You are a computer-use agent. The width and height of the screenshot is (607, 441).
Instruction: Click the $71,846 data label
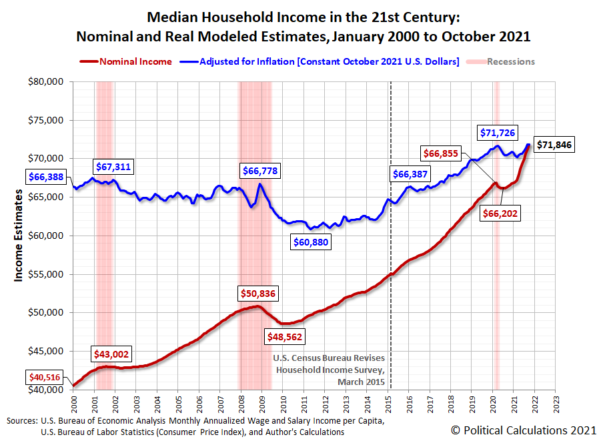[x=555, y=145]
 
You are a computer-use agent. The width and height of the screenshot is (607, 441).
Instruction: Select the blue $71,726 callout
[x=498, y=133]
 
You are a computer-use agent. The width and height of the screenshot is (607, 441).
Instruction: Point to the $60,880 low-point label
[x=311, y=242]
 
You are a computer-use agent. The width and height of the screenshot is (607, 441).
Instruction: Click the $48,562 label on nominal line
[x=285, y=337]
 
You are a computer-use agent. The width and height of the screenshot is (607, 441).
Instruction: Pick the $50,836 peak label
[x=258, y=293]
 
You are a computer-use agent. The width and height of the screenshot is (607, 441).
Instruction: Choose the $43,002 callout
[x=111, y=354]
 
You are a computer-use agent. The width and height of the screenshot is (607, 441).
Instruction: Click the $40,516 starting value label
[x=44, y=378]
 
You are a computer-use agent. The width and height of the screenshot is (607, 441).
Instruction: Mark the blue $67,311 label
[x=115, y=165]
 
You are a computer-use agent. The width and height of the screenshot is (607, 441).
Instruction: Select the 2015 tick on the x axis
[x=389, y=404]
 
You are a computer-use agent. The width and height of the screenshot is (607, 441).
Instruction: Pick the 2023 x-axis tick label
[x=556, y=404]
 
